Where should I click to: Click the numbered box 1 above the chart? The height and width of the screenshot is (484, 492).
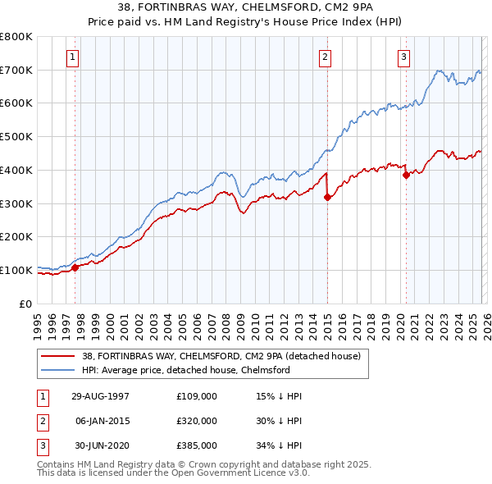pos(75,57)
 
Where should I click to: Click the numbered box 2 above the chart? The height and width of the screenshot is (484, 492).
pos(326,57)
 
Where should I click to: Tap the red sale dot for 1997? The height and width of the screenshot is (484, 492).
pos(75,267)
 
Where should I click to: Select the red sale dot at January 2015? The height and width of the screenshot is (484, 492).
pos(326,197)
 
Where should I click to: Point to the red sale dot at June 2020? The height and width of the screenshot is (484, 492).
pos(406,175)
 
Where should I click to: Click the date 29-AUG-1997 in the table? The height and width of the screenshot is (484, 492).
pos(94,396)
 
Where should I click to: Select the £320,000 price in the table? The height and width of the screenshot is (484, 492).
pos(196,421)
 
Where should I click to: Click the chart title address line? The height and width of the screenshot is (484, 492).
pos(246,10)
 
